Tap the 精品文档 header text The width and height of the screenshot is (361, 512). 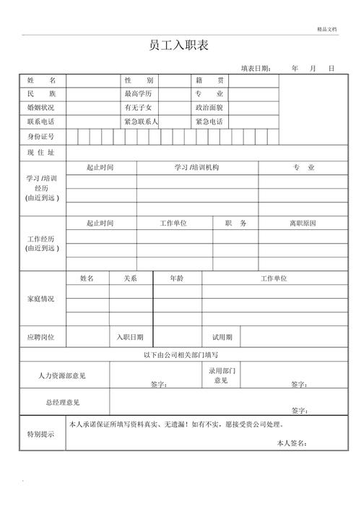(x=327, y=29)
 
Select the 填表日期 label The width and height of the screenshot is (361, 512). (x=256, y=68)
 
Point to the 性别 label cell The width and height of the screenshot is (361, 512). (x=139, y=80)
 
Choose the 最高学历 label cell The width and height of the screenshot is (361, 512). (x=139, y=94)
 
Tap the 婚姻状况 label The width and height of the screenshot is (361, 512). (x=40, y=108)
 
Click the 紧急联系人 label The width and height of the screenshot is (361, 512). (x=141, y=121)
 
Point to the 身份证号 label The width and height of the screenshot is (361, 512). (x=40, y=137)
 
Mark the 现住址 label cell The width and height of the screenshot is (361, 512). (x=40, y=153)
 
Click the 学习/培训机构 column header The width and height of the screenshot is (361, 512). (x=196, y=168)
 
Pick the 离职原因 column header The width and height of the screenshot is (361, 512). (x=303, y=223)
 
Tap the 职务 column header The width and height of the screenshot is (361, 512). (x=235, y=223)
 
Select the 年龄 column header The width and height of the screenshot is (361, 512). (x=176, y=278)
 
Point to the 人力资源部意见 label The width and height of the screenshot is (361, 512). (x=62, y=376)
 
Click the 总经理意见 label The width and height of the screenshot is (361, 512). (x=62, y=402)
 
